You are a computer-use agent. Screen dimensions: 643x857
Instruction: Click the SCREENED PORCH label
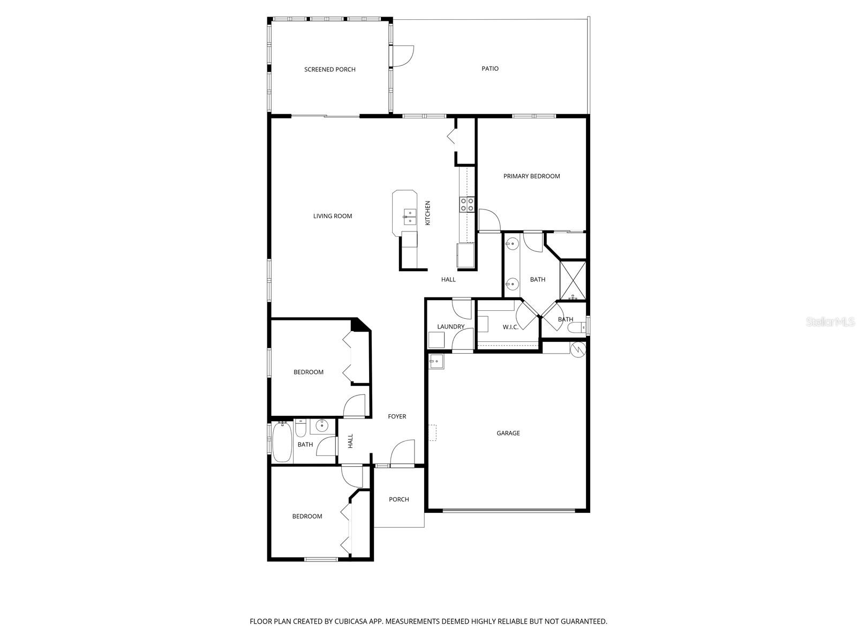coord(329,70)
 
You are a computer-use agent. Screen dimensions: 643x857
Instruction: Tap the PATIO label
coord(490,69)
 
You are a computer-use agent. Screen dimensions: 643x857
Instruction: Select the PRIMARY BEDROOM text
coord(531,176)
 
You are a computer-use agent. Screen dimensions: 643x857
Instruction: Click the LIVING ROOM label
coord(333,216)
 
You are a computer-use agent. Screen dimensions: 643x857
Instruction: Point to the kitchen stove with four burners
coord(467,204)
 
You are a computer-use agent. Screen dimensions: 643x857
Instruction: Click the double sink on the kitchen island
coord(410,217)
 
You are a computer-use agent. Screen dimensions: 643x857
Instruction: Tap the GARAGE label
coord(508,433)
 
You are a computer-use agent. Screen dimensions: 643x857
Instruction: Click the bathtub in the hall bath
coord(282,443)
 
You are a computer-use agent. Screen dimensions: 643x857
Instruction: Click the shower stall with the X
coord(573,280)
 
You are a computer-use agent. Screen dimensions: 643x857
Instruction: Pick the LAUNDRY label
coord(450,327)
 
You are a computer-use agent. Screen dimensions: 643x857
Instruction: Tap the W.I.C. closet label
coord(510,327)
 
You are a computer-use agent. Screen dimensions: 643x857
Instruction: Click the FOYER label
coord(397,416)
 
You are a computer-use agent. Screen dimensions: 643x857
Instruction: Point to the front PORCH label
coord(399,499)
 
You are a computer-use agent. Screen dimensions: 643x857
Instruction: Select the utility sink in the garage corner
coord(436,362)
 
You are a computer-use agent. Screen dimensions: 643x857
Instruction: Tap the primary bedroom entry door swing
coord(488,220)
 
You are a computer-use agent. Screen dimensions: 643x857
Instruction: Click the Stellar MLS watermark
coord(830,322)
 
